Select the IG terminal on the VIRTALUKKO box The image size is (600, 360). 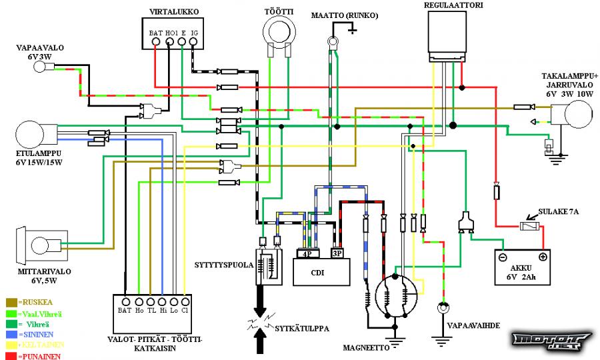[x=194, y=42]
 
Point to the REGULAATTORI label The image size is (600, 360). [x=453, y=5]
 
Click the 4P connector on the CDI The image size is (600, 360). [x=308, y=254]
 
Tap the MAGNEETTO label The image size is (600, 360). [x=366, y=347]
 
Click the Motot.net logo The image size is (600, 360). [x=547, y=341]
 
